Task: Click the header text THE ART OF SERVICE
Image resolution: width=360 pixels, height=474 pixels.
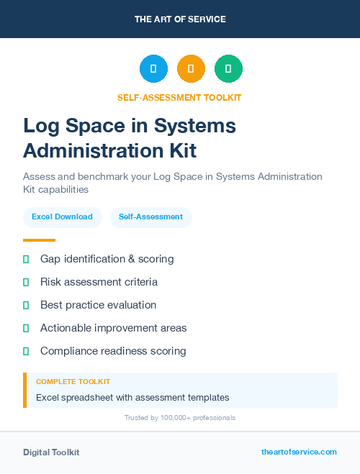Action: [180, 19]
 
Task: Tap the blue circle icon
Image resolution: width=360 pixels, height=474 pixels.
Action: [153, 69]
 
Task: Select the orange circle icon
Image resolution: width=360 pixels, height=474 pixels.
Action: [191, 69]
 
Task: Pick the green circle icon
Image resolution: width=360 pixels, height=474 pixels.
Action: [228, 69]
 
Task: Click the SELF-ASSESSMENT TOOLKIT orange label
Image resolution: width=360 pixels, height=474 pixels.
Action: [180, 98]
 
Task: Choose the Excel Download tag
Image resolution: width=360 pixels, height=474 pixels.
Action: [62, 217]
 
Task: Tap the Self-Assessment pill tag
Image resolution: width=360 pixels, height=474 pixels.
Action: [150, 217]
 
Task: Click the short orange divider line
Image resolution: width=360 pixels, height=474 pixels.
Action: [39, 240]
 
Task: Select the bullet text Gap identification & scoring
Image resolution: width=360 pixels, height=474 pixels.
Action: [107, 259]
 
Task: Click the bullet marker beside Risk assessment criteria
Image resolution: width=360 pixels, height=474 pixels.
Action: [26, 282]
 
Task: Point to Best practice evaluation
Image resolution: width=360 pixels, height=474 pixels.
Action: [98, 305]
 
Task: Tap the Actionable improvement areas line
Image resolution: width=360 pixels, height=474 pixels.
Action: [113, 328]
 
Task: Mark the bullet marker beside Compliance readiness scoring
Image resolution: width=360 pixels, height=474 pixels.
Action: [26, 351]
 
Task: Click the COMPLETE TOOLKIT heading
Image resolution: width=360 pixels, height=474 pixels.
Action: [73, 382]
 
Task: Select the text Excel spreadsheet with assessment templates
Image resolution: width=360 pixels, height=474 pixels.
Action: [132, 397]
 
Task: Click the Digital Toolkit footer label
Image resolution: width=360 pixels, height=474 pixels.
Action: [51, 452]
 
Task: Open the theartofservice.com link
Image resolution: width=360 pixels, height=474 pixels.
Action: [299, 452]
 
